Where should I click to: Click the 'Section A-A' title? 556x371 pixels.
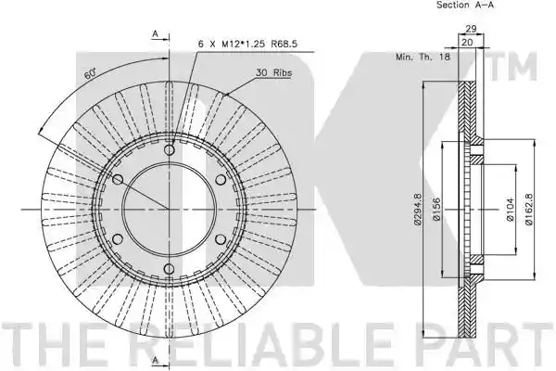coord(464,5)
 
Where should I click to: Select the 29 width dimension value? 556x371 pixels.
coord(471,29)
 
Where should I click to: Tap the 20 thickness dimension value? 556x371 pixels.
coord(468,43)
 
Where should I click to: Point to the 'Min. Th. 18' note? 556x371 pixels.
coord(423,57)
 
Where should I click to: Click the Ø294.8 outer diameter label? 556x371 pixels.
coord(417,209)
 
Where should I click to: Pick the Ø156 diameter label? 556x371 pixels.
coord(436,210)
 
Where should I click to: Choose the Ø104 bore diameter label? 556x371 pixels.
coord(511,210)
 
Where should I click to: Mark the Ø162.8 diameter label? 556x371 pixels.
coord(529,209)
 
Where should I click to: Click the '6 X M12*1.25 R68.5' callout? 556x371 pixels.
coord(247,45)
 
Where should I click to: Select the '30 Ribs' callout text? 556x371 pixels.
coord(273,72)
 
